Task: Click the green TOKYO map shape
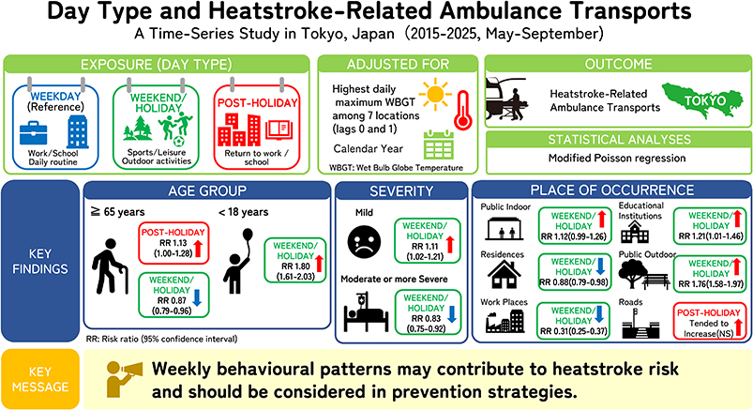coord(702,100)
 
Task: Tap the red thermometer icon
coord(463,110)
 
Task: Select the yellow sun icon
coord(435,94)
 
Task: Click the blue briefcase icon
coord(34,133)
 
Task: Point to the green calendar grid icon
coord(439,144)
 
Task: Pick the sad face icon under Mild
coord(364,242)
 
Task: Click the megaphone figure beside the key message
coord(124,378)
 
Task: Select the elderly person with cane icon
coord(111,266)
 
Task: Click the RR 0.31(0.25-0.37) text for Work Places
coord(573,331)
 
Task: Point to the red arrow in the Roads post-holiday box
coord(738,326)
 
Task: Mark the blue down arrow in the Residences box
coord(600,266)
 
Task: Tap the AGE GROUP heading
coord(207,190)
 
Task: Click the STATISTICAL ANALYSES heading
coord(620,140)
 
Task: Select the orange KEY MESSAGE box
coord(40,379)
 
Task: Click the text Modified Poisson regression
coord(617,159)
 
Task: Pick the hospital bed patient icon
coord(366,313)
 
